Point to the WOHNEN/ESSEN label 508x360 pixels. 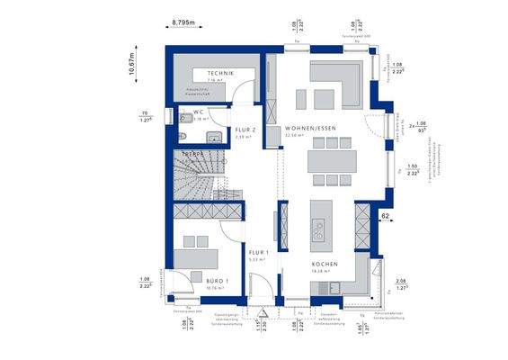coord(311,129)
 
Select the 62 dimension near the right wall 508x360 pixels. coord(384,217)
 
